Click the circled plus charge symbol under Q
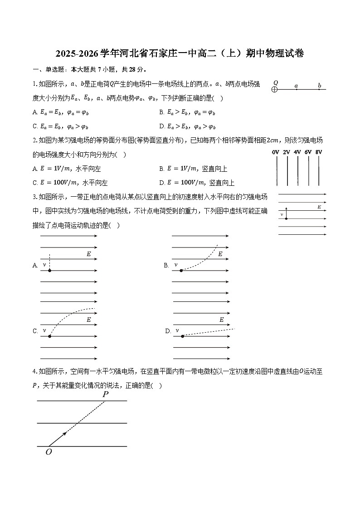coord(274,89)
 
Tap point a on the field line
coord(296,89)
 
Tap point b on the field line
coord(319,89)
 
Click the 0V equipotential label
coord(275,153)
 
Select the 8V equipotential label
coord(319,153)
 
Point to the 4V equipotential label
coord(297,153)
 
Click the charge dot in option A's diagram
coord(49,271)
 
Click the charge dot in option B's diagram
coord(181,271)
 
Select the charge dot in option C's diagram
coord(49,336)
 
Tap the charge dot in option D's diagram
coord(182,336)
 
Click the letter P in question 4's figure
coord(105,394)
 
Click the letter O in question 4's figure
coord(49,452)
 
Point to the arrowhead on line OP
coord(65,434)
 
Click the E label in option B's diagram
coord(220,254)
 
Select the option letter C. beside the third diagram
coord(35,331)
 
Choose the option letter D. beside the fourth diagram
coord(168,331)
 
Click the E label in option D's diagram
coord(222,320)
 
